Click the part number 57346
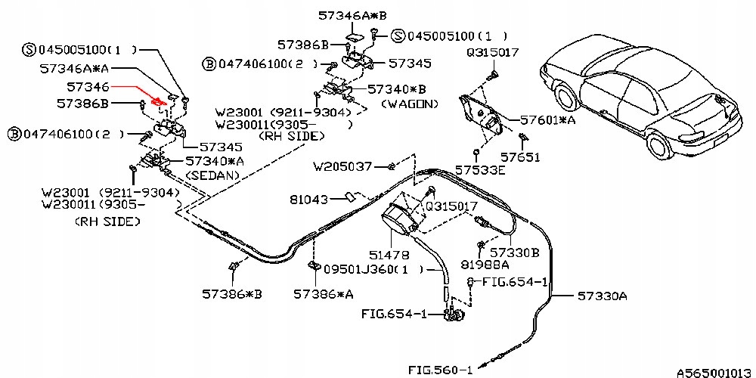coord(89,88)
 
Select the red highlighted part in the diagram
coord(159,101)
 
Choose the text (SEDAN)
coord(212,175)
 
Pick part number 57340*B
coord(397,88)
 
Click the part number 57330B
coord(514,253)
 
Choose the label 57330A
coord(603,296)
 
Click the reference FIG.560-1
coord(441,370)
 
